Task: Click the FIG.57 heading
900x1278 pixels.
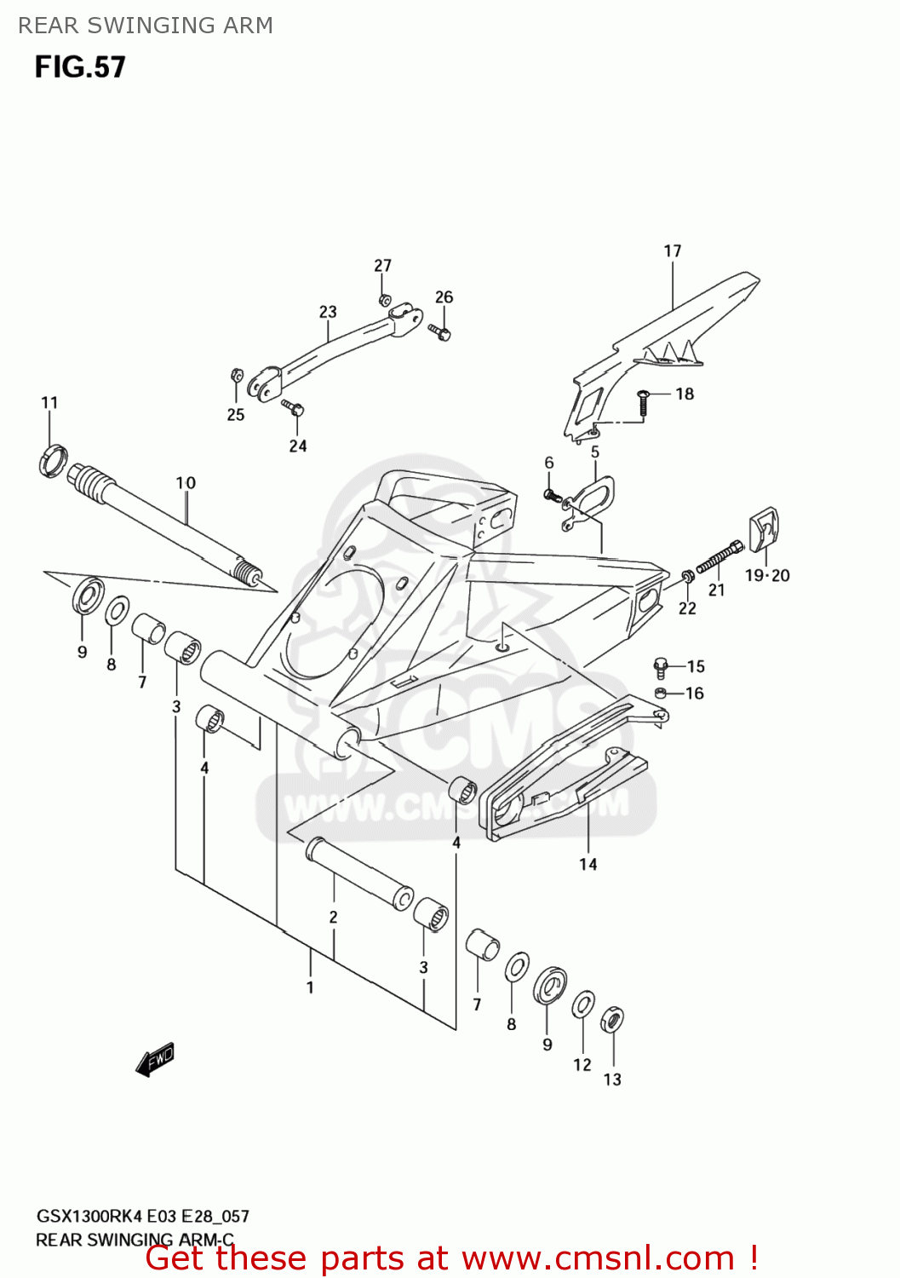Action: pos(80,67)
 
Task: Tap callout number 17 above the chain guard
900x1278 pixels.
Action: pos(672,250)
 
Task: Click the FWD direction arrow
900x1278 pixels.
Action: pos(155,1060)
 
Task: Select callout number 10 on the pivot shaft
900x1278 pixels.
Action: pos(186,483)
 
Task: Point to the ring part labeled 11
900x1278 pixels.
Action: pos(52,460)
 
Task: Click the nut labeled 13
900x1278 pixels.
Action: pos(611,1019)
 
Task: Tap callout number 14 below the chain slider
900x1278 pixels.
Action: pos(588,864)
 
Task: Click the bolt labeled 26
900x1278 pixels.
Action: pos(440,331)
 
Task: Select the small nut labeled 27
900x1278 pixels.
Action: pos(384,300)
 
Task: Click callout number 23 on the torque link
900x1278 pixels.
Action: pos(328,312)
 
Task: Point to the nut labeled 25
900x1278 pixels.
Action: pos(238,375)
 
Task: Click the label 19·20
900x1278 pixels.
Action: pos(766,575)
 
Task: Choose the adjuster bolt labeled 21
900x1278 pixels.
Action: pos(719,559)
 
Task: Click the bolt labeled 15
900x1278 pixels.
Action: pos(661,667)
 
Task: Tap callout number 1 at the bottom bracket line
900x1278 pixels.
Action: pos(310,987)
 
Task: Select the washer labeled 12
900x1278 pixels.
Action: pos(583,1005)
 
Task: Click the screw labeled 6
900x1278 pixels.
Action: pos(551,493)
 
